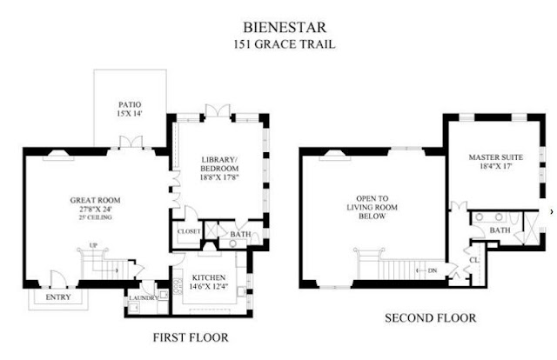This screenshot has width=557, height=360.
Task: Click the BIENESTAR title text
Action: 285,27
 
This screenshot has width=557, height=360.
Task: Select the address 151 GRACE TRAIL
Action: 285,44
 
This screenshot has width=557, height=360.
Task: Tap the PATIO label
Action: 130,104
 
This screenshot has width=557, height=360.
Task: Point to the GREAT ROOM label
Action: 95,200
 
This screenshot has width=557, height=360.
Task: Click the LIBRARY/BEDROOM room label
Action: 219,164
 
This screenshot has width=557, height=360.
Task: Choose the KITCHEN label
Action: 209,277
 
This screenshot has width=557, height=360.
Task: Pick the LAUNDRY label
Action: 143,298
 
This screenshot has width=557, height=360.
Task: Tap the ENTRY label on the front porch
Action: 58,297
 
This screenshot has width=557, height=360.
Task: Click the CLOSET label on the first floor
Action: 189,231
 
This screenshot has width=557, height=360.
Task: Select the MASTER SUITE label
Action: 496,157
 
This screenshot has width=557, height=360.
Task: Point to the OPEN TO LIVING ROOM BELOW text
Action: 372,207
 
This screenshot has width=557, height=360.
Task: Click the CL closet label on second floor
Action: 474,260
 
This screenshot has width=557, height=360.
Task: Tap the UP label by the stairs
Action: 93,245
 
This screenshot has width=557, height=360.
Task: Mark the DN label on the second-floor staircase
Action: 433,270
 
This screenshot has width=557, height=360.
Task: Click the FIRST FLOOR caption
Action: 191,337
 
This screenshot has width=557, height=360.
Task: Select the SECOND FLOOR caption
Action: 431,317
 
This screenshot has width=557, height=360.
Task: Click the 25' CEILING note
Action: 95,217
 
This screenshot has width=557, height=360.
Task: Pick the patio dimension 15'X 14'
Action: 130,113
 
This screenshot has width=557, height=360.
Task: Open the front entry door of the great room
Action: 58,280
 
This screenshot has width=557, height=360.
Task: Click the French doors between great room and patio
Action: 131,142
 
